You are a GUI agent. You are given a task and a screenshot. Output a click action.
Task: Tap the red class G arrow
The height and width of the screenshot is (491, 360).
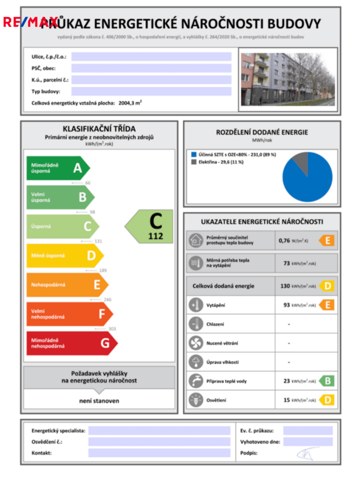tap(71, 343)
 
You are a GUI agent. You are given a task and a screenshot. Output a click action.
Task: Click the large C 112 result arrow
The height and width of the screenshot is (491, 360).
tap(150, 226)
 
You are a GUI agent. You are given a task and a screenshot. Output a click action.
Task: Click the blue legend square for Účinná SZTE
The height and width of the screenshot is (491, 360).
tap(193, 155)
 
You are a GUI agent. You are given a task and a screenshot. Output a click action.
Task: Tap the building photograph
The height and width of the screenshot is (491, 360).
tap(287, 79)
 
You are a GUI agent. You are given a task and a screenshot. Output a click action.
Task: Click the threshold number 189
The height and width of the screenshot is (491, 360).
tap(103, 270)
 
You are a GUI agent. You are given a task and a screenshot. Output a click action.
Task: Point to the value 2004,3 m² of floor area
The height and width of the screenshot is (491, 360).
tap(130, 103)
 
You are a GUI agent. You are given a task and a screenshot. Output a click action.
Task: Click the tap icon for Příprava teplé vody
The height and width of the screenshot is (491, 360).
tap(196, 381)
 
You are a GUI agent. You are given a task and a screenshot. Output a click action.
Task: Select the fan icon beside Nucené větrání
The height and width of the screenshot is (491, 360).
tap(196, 343)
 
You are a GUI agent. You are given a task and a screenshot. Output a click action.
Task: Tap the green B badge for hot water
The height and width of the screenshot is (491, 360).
tap(327, 381)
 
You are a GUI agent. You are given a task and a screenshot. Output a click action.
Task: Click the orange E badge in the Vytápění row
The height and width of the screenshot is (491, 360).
tap(327, 305)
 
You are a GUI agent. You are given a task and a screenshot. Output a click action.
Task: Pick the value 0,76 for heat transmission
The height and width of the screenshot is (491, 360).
tap(284, 241)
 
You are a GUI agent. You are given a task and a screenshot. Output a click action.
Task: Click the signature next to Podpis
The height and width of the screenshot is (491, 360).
tap(305, 453)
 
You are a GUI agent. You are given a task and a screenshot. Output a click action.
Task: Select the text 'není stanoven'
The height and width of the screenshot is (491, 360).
tap(99, 401)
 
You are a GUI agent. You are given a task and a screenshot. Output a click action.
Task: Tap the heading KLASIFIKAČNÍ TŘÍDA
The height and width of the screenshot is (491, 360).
tap(99, 128)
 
